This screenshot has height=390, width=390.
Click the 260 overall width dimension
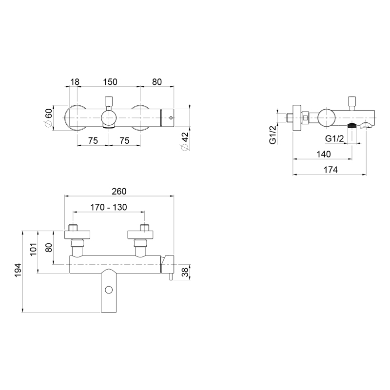pos(119,191)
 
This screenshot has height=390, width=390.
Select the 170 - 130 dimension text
pos(108,207)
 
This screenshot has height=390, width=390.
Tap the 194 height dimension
pos(18,271)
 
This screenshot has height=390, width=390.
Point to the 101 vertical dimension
pos(33,249)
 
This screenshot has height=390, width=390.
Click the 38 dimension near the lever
pos(185,272)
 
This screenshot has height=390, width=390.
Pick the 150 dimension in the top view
pos(110,81)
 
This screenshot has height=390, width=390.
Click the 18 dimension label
pos(75,81)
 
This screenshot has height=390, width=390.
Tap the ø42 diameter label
pos(185,141)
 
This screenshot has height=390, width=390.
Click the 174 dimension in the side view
pos(331,170)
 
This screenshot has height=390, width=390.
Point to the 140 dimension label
pos(324,154)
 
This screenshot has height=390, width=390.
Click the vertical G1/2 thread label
pos(273,135)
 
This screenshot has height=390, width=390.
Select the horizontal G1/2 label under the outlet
pos(334,138)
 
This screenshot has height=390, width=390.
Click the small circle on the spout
pos(109,290)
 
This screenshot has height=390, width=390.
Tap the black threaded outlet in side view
pos(351,125)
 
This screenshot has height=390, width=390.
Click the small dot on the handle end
pos(171,117)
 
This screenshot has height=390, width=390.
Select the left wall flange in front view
pos(77,235)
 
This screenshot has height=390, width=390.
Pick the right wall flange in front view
pos(140,235)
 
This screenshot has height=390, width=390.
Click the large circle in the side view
pos(327,117)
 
